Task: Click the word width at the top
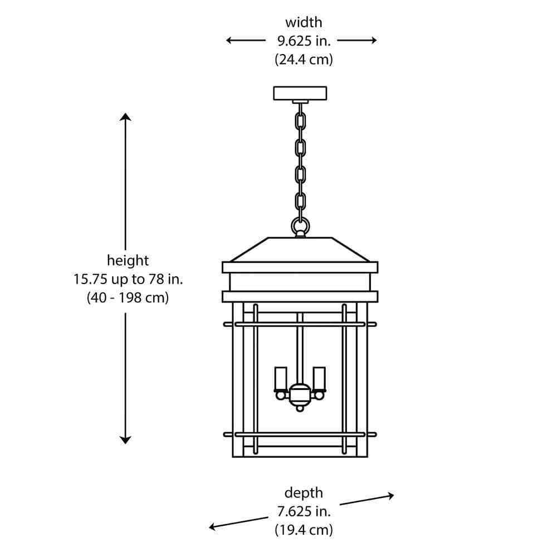[304, 23]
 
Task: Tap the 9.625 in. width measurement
[304, 41]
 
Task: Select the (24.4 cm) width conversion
[304, 59]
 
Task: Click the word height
[128, 260]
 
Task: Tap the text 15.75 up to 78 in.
[128, 278]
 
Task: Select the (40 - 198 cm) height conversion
[128, 297]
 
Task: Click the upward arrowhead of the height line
[125, 116]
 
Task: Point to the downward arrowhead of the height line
[125, 439]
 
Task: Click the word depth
[304, 493]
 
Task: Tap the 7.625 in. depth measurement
[304, 511]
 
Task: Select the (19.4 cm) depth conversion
[304, 529]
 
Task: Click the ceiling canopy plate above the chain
[300, 93]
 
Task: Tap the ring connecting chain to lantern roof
[300, 226]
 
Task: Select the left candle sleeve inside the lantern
[281, 378]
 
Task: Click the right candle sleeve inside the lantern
[319, 378]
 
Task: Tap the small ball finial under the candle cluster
[300, 408]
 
